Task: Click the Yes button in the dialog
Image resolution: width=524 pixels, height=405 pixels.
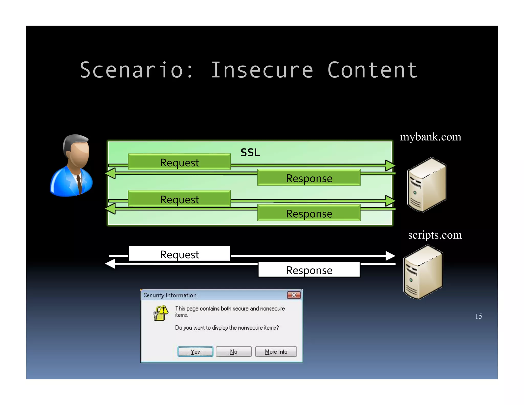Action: coord(195,351)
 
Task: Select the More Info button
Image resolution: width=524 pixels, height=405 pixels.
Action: coord(276,351)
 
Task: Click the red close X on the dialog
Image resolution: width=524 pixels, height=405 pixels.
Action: coord(294,295)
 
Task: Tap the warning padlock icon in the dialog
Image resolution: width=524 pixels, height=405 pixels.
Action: coord(160,313)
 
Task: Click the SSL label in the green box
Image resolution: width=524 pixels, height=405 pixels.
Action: coord(250,153)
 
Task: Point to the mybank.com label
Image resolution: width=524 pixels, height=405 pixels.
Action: coord(431,137)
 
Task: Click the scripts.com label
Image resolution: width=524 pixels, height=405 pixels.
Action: coord(435,235)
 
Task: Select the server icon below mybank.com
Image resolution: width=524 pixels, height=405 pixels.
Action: coord(427,185)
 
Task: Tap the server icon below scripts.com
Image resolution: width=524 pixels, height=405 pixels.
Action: coord(423,272)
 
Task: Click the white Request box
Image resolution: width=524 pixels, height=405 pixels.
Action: coord(179,254)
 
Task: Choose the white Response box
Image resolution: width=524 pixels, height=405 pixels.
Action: coord(309,270)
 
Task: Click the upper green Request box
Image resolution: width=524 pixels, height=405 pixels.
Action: coord(179,162)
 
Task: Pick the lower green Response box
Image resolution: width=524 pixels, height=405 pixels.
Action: coord(309,213)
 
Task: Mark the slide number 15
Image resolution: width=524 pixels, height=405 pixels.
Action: coord(478,316)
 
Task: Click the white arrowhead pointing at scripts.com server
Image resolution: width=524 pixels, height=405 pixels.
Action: coord(390,255)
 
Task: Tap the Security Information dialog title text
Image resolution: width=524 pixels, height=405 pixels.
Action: coord(170,295)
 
